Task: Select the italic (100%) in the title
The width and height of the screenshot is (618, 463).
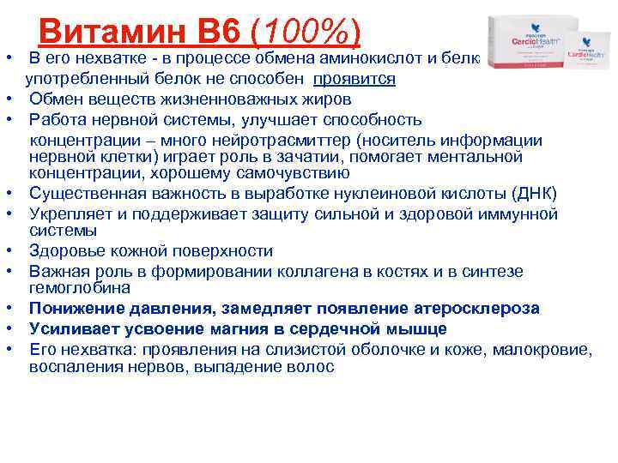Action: [x=305, y=33]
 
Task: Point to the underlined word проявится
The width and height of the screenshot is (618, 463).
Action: [x=354, y=79]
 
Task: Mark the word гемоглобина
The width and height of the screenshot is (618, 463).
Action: [x=80, y=288]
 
